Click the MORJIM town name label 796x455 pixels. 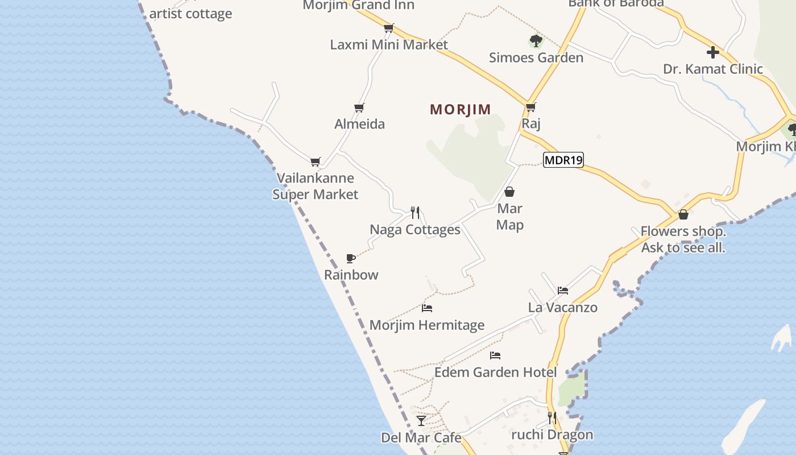(461, 109)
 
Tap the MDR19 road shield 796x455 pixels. (563, 160)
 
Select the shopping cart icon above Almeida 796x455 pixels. (359, 107)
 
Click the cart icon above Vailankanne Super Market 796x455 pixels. (316, 162)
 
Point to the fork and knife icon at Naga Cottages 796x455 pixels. (415, 213)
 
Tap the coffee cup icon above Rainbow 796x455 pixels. (351, 259)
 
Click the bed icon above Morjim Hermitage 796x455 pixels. (427, 308)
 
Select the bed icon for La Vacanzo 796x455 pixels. (563, 291)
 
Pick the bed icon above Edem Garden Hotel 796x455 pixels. (495, 355)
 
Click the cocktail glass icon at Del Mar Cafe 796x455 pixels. (421, 421)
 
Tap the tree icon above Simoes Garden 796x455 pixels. (536, 40)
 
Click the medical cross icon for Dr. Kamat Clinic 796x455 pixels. (712, 52)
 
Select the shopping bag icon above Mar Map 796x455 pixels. (509, 192)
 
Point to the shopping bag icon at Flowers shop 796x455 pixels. (683, 214)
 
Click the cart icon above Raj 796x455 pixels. (530, 107)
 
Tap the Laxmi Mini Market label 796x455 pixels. (389, 44)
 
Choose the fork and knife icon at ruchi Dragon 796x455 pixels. (552, 418)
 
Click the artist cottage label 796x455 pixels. (190, 14)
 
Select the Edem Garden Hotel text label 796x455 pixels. (495, 373)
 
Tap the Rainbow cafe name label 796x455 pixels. (351, 275)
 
